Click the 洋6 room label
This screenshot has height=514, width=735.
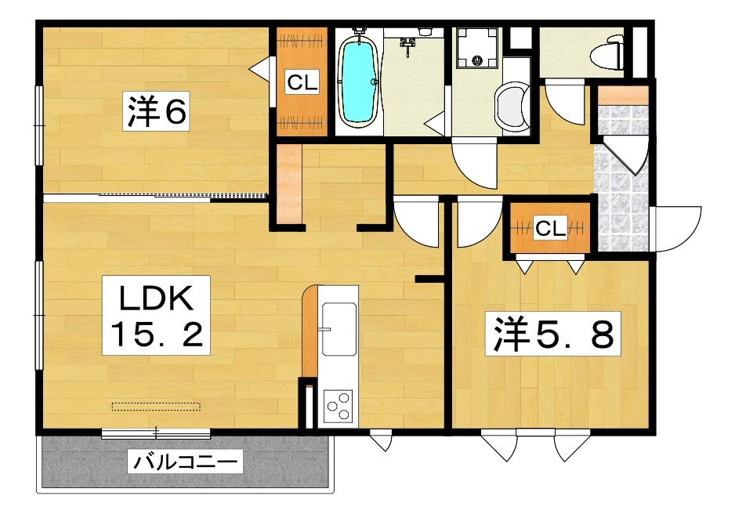(x=157, y=113)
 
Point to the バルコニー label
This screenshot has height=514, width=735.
(x=185, y=462)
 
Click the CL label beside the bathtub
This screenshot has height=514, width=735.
(x=301, y=82)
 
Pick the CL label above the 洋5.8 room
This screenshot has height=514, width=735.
(x=549, y=229)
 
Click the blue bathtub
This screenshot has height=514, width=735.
(x=358, y=79)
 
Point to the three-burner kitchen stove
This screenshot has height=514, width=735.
(x=338, y=406)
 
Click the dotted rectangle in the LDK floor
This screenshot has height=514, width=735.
(x=156, y=406)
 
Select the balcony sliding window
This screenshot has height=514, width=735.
(x=156, y=432)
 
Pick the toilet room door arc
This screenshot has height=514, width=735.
(x=565, y=100)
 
